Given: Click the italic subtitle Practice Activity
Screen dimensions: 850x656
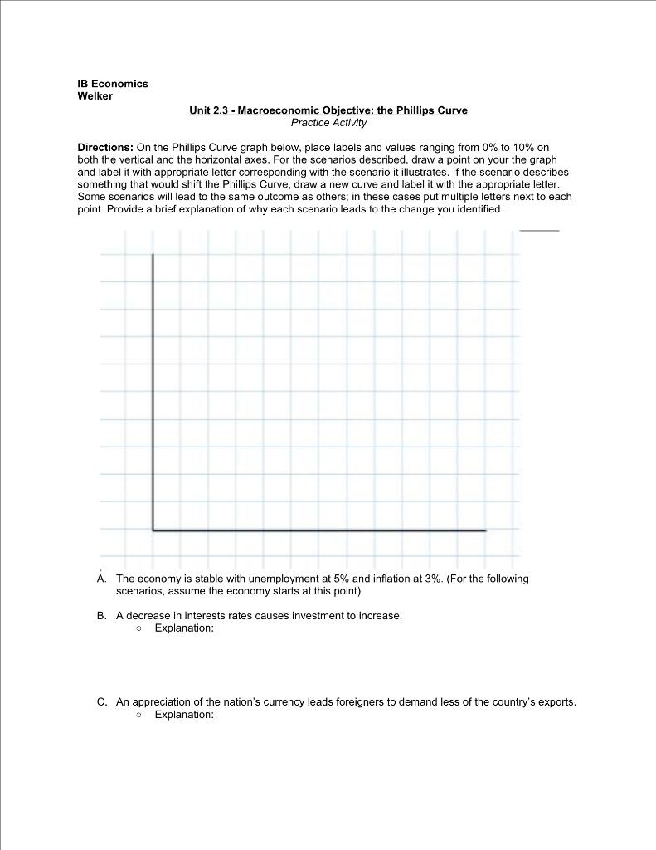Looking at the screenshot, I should [x=328, y=122].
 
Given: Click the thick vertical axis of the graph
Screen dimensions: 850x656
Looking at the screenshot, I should [x=153, y=390].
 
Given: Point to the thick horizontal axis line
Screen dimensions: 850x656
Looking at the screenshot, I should [x=319, y=530].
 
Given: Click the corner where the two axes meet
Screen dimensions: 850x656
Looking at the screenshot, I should [x=153, y=530].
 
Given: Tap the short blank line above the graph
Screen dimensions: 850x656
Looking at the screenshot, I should [x=540, y=229].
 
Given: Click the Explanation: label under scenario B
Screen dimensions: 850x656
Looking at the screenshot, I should [x=184, y=628].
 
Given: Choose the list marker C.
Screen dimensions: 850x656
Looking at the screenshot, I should [x=100, y=701].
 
